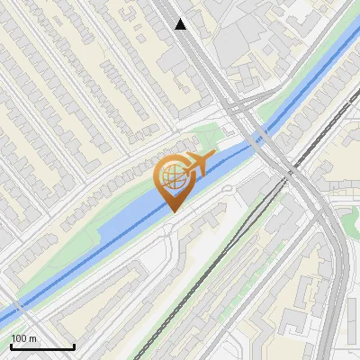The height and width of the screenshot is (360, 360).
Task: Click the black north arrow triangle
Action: pos(181,24)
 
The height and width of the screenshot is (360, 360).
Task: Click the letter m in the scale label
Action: pos(33,338)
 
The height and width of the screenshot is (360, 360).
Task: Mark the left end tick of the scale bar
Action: pos(10,346)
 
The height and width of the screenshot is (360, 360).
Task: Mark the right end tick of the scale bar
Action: pos(74,346)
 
